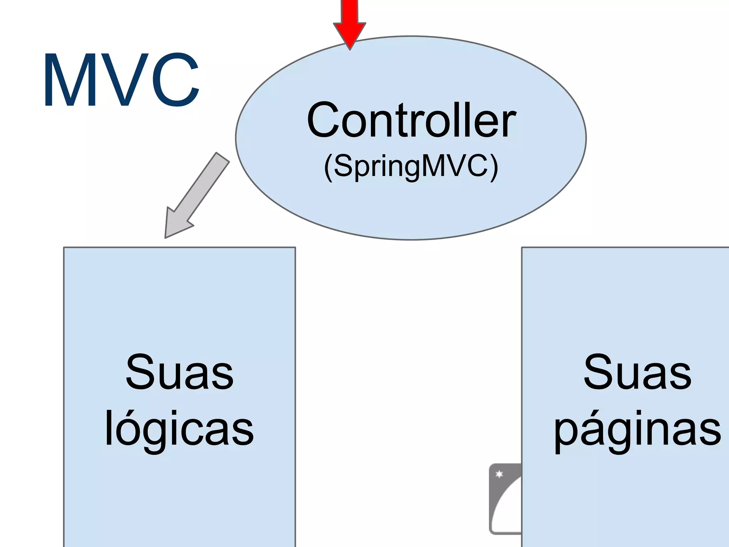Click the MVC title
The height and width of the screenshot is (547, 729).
pos(121,80)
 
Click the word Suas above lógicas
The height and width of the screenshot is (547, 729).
pos(179,373)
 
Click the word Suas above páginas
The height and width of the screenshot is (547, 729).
pos(637,373)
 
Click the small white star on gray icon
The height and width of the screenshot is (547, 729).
pos(499,474)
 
